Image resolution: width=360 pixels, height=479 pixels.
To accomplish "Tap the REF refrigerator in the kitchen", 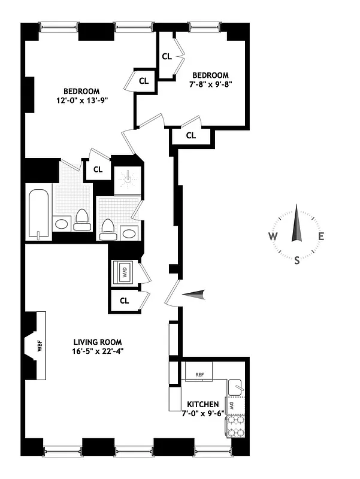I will tap(199, 375).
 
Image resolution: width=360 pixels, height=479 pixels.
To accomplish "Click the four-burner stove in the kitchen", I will tap(234, 428).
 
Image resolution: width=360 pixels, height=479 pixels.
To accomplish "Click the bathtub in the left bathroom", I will tap(38, 213).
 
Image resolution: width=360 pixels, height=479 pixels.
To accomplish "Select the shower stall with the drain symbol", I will tap(127, 178).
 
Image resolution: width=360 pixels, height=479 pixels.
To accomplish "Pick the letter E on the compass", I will tap(322, 236).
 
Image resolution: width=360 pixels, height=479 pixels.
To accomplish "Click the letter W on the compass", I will tap(273, 236).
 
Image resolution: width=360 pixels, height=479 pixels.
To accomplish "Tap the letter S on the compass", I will tap(297, 259).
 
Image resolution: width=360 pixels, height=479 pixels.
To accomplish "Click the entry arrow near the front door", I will tap(195, 293).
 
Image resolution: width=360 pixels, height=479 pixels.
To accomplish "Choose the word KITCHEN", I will tap(202, 405).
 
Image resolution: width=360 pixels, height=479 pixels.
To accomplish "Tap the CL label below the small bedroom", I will tap(190, 136).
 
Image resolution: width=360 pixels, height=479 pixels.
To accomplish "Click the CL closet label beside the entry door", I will tap(125, 301).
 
